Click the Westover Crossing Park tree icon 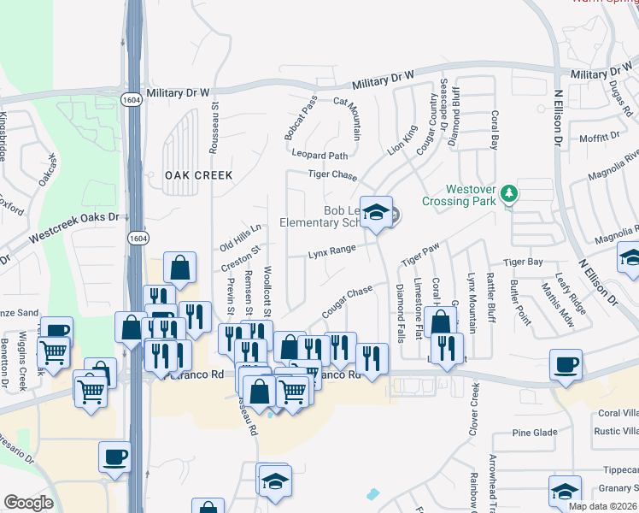click(509, 193)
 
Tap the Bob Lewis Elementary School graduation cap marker click(375, 213)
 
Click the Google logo click(28, 503)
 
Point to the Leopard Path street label click(320, 156)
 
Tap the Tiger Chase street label click(331, 175)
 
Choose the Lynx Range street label click(331, 250)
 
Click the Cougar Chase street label click(348, 303)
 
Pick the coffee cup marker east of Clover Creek click(566, 365)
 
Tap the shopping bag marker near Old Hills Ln click(180, 268)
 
